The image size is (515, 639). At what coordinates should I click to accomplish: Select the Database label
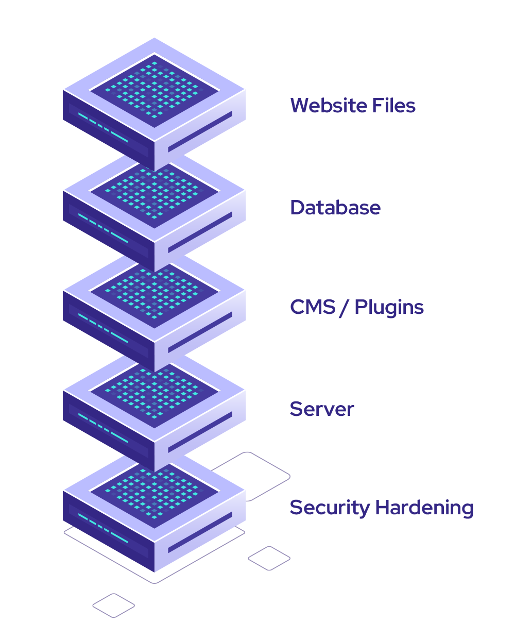[335, 207]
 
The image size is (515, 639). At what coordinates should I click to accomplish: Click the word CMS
[313, 307]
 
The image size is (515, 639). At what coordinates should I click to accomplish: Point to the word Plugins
[389, 308]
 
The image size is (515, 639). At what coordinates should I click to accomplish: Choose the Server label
[322, 409]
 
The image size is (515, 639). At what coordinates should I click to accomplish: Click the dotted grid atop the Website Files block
[154, 90]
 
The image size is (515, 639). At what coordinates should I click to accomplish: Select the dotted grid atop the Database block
[154, 192]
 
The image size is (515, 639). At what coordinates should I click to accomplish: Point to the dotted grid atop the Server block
[154, 392]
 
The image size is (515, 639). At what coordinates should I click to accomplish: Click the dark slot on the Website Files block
[200, 131]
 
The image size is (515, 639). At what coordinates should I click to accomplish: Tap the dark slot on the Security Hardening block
[200, 532]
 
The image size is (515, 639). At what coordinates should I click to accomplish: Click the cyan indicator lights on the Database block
[103, 228]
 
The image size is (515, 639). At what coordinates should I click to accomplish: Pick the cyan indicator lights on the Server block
[103, 428]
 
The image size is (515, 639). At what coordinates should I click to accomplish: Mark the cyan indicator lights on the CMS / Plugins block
[103, 328]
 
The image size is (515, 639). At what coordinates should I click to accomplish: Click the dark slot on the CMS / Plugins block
[200, 332]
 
